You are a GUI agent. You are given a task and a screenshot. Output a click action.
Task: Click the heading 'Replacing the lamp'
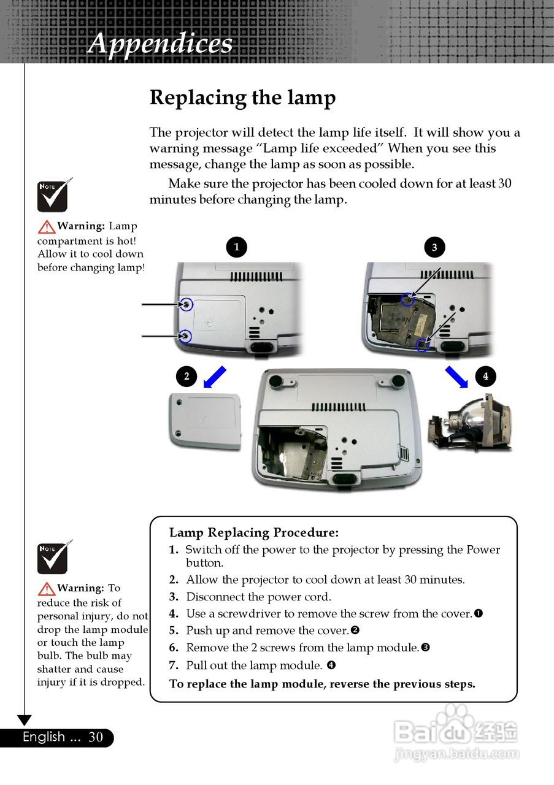[242, 98]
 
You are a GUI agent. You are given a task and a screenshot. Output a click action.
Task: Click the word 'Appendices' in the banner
[160, 44]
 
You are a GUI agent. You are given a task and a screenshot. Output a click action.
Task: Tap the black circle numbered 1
[236, 247]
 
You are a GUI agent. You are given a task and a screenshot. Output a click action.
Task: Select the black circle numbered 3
[434, 247]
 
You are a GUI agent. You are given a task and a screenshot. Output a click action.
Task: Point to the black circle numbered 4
[485, 375]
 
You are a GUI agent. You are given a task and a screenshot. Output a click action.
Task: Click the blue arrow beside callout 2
[215, 377]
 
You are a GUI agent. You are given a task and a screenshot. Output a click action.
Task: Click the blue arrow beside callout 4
[456, 377]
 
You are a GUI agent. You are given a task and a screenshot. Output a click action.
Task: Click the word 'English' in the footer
[44, 737]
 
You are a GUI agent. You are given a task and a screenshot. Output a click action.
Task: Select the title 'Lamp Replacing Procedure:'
[253, 532]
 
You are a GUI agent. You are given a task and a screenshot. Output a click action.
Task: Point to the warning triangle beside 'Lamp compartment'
[46, 227]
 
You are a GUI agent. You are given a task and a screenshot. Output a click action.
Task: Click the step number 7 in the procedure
[174, 665]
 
